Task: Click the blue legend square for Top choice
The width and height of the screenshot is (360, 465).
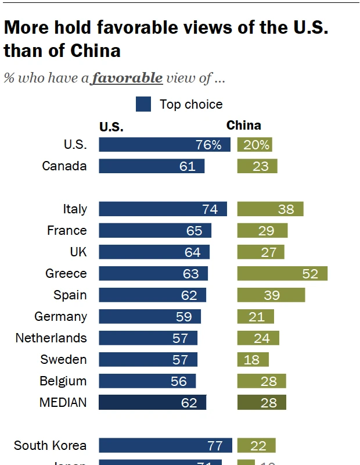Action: click(x=143, y=105)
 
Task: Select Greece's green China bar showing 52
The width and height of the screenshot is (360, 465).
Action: click(x=282, y=273)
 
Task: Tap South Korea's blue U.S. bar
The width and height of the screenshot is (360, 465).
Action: click(x=165, y=446)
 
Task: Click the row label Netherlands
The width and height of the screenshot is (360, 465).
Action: click(x=51, y=338)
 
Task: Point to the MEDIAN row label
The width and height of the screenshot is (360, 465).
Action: click(x=63, y=402)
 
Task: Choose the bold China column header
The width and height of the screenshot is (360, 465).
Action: click(x=243, y=125)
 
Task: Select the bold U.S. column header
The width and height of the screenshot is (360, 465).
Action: click(x=111, y=127)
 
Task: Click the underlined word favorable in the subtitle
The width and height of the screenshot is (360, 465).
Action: click(x=127, y=77)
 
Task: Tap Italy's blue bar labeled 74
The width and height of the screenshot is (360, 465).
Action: click(x=163, y=209)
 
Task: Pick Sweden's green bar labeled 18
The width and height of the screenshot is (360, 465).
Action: click(x=253, y=360)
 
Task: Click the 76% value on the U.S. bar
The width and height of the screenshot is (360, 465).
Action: click(x=208, y=145)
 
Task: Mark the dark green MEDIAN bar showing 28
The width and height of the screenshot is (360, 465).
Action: click(x=261, y=402)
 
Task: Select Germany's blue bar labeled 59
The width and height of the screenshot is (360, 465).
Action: click(x=150, y=317)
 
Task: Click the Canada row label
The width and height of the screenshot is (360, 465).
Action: click(x=64, y=166)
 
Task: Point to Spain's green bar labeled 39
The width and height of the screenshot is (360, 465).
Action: click(x=271, y=295)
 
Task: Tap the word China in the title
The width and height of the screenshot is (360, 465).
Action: click(x=95, y=51)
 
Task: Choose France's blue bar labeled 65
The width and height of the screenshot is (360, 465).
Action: click(x=155, y=231)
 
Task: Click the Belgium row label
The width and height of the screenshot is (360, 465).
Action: click(x=63, y=381)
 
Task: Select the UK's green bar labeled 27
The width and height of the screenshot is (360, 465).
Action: click(x=261, y=252)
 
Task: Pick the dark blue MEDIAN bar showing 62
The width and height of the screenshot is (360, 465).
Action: click(x=152, y=402)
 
